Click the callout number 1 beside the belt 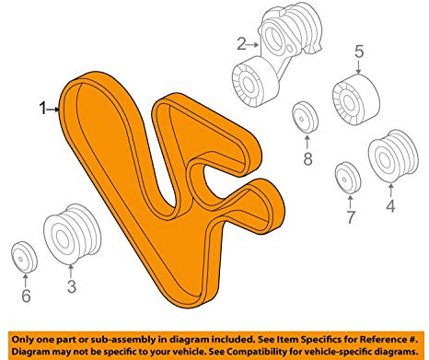tap(42, 109)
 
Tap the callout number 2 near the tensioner tap(241, 44)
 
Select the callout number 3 tap(72, 286)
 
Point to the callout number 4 tap(390, 205)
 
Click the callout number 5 tap(359, 52)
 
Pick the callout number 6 tap(26, 296)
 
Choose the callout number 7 tap(351, 216)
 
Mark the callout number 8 tap(307, 158)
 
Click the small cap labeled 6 tap(24, 257)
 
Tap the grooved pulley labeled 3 tap(72, 234)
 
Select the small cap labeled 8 tap(305, 117)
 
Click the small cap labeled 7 tap(348, 178)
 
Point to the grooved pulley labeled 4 tap(393, 157)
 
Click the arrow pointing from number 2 tap(253, 45)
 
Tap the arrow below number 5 tap(359, 67)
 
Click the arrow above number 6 tap(26, 281)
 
